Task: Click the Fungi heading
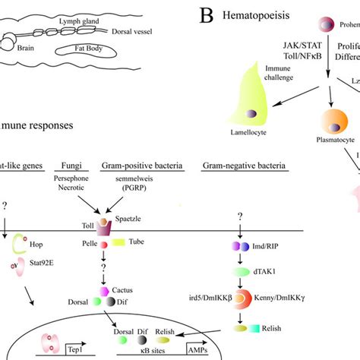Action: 78,166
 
